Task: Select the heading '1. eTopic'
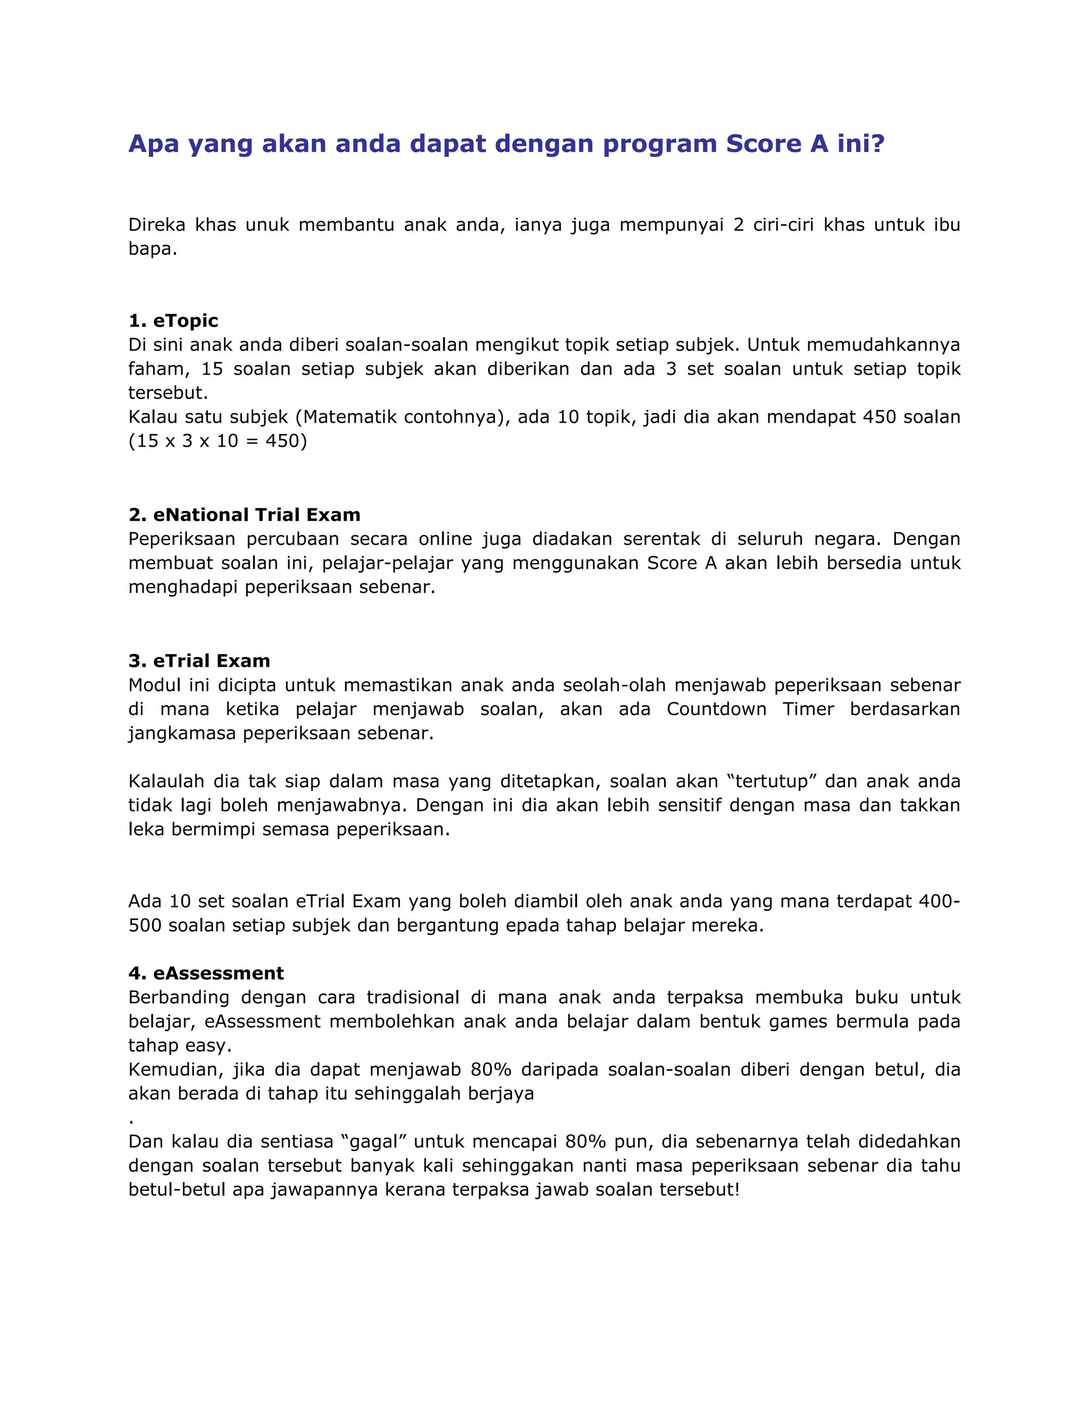pyautogui.click(x=173, y=321)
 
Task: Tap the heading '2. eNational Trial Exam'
pyautogui.click(x=244, y=515)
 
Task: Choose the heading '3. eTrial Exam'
pyautogui.click(x=199, y=660)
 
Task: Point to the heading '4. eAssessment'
pyautogui.click(x=206, y=973)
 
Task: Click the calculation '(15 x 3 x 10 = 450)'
pyautogui.click(x=217, y=441)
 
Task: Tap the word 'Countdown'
pyautogui.click(x=716, y=709)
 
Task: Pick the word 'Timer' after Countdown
pyautogui.click(x=808, y=709)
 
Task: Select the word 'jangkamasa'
pyautogui.click(x=182, y=734)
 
